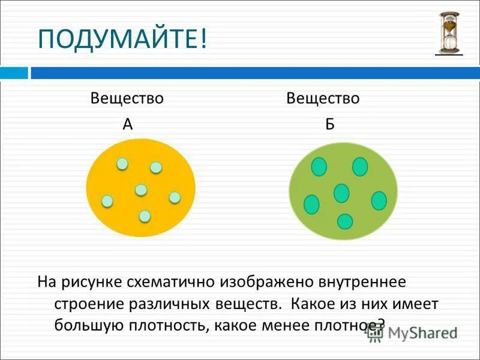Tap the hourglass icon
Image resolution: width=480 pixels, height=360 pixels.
click(x=448, y=33)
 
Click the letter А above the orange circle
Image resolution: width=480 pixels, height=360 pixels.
click(x=127, y=124)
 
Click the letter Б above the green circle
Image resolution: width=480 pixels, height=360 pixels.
click(x=329, y=124)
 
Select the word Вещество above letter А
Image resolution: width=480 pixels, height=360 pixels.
click(x=127, y=98)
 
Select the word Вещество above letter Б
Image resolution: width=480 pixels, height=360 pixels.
click(x=323, y=98)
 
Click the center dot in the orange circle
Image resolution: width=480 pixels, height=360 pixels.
click(x=141, y=190)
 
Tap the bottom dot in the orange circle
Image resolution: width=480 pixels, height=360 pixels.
click(x=145, y=216)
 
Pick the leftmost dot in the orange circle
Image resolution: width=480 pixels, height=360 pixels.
click(x=107, y=201)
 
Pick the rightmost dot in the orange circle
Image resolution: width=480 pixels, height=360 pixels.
click(x=175, y=197)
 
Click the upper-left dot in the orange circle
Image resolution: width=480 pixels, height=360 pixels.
click(x=122, y=163)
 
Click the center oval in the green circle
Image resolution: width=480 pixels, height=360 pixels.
click(x=341, y=193)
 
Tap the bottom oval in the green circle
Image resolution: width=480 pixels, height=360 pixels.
click(x=345, y=221)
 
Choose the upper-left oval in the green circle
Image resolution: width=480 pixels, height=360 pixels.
click(x=319, y=167)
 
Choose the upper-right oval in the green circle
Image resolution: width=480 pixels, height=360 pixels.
click(x=360, y=167)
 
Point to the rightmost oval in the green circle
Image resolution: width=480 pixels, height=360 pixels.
click(x=379, y=200)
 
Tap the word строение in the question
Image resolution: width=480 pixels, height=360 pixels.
click(x=88, y=304)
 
